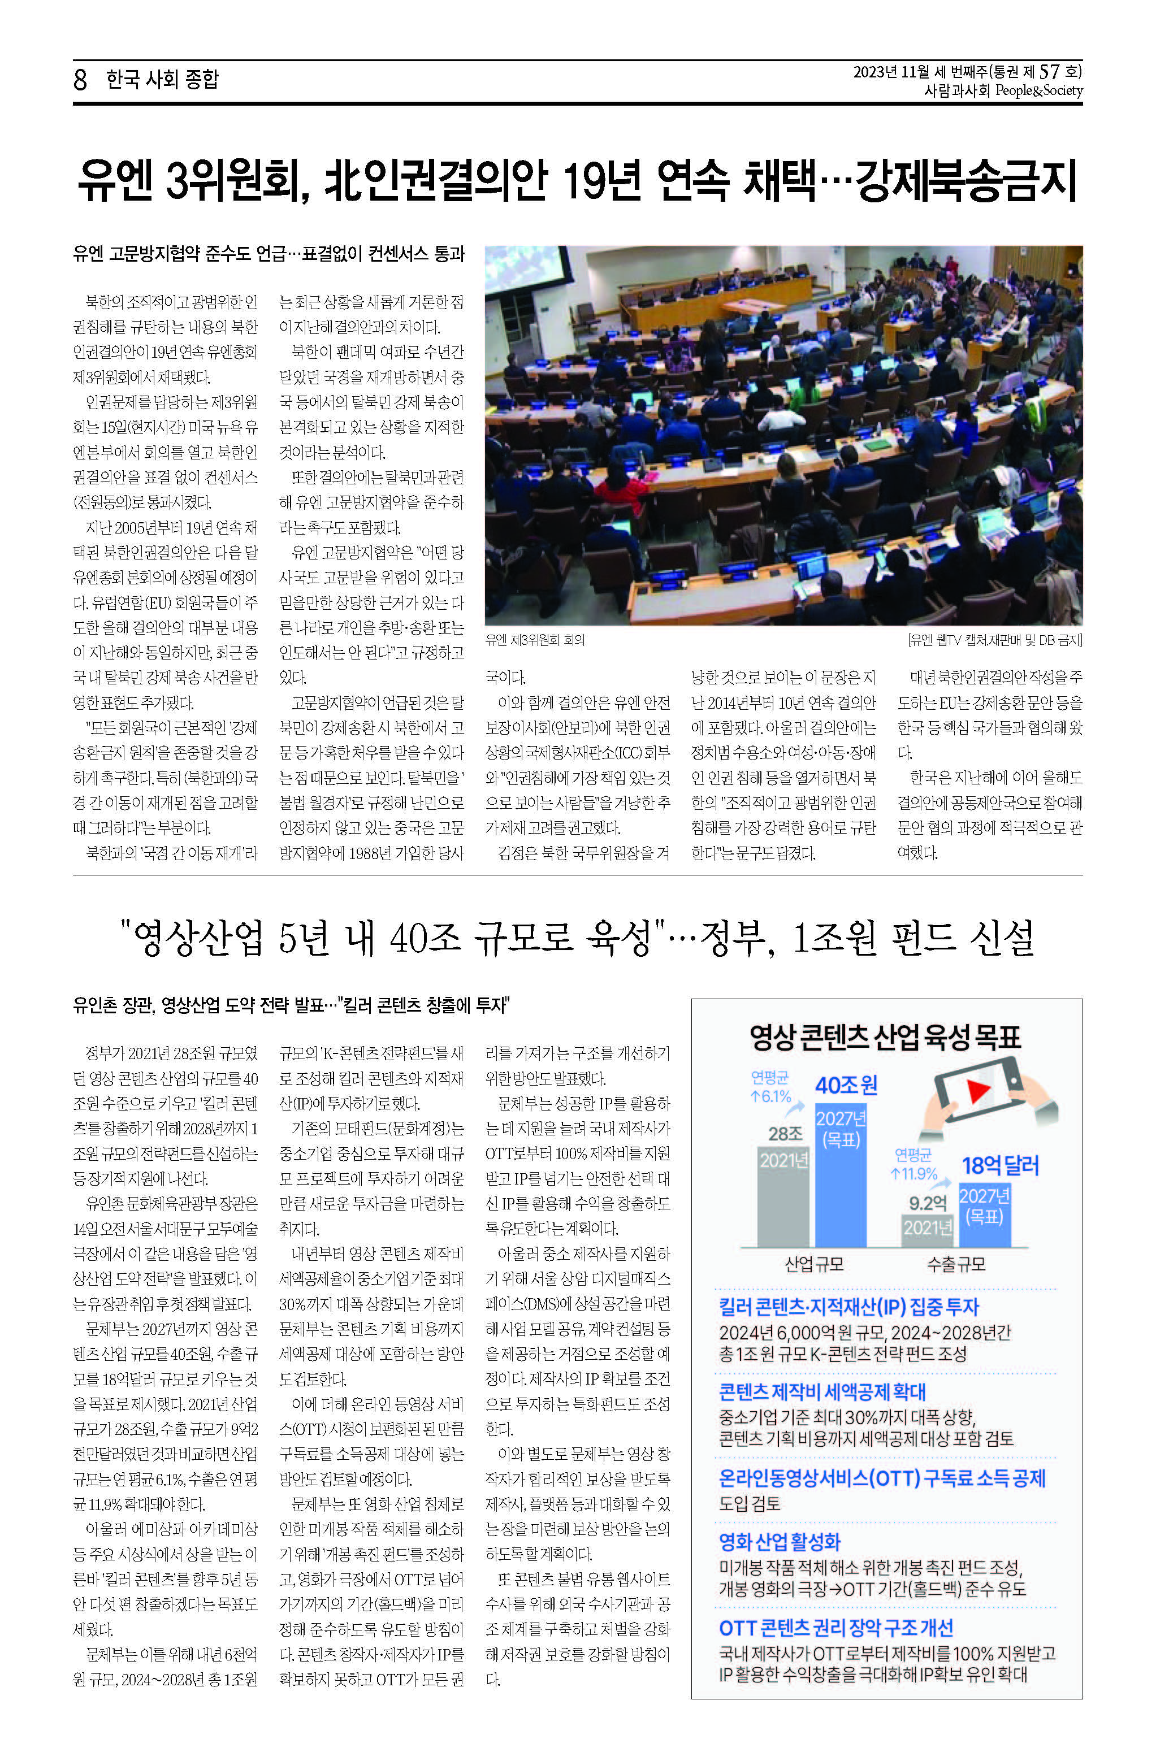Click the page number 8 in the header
80,79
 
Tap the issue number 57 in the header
1049,72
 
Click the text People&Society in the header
1038,90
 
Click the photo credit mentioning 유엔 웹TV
995,640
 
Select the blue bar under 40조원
841,1177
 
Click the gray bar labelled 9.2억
927,1230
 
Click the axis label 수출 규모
956,1264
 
